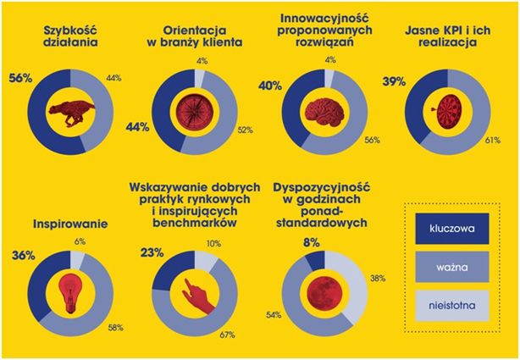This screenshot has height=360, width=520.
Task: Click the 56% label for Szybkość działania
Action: click(x=21, y=78)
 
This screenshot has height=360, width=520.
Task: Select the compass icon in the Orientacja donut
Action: click(x=192, y=110)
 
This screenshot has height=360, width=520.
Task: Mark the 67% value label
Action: click(x=226, y=336)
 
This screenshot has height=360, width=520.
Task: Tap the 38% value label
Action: click(x=378, y=276)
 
